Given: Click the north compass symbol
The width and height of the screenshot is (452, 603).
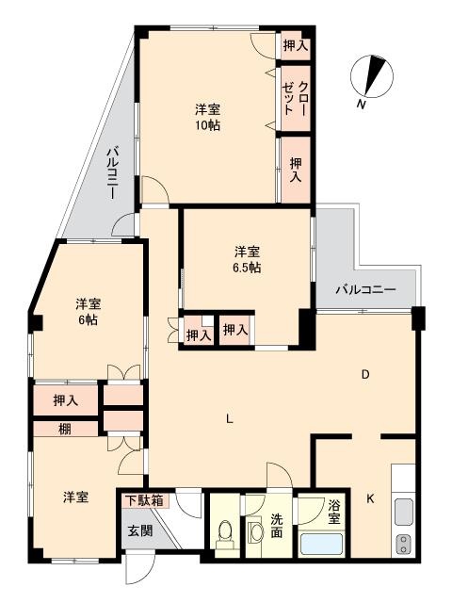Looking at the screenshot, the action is tap(372, 76).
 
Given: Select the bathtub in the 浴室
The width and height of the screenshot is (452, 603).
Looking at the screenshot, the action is tap(321, 544).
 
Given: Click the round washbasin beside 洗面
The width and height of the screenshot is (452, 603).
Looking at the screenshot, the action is tap(255, 533).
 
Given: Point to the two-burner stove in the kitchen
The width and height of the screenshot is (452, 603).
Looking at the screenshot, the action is tap(404, 545).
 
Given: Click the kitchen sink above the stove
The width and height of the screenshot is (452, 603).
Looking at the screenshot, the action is tap(404, 513).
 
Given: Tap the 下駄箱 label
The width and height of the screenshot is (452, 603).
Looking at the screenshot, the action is tap(145, 500).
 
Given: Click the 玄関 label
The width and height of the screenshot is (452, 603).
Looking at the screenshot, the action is tap(140, 530).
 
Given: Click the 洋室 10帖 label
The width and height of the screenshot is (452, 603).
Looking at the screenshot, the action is tap(207, 117).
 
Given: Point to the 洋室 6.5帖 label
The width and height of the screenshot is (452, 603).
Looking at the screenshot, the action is tap(247, 260).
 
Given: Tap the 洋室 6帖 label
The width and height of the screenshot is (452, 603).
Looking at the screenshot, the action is tap(89, 312).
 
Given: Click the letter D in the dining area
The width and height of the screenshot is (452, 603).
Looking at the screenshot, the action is tap(365, 374).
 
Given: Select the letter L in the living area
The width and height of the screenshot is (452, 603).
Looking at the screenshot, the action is tap(230, 418).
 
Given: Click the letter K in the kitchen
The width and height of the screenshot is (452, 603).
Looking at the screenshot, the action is tap(370, 498).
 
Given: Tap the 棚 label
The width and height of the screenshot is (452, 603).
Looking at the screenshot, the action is tap(65, 429).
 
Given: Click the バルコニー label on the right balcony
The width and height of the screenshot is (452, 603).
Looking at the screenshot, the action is tap(365, 289).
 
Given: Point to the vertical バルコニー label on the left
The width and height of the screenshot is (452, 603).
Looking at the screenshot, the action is tap(112, 172).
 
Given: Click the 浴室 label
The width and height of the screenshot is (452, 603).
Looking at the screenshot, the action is tap(334, 512).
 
